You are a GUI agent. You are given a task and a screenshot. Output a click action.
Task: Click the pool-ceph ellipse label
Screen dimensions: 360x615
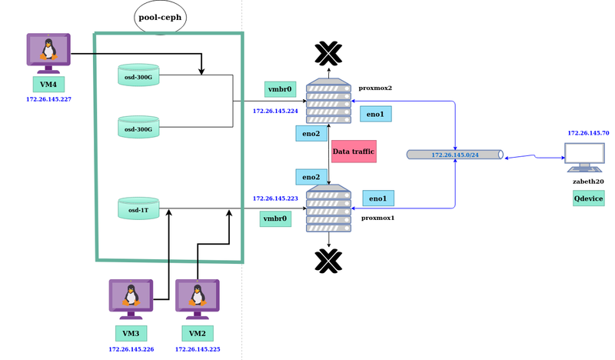click(161, 16)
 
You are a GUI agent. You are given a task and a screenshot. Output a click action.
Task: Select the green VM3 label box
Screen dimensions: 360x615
click(131, 333)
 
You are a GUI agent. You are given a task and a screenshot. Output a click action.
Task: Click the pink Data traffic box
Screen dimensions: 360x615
click(354, 152)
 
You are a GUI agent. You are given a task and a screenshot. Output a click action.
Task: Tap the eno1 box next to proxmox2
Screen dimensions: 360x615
click(377, 114)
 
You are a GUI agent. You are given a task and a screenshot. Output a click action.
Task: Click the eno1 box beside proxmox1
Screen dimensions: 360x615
click(378, 198)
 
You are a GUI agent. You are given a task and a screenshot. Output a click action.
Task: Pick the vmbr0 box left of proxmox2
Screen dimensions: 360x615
click(280, 89)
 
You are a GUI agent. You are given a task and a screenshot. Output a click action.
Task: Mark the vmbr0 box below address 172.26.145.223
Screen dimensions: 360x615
click(276, 218)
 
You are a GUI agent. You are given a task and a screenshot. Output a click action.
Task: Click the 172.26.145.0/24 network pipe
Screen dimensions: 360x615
click(455, 155)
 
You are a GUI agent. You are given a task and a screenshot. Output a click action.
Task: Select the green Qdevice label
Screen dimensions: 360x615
click(588, 198)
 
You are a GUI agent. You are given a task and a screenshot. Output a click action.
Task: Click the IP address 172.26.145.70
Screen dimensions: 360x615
click(588, 133)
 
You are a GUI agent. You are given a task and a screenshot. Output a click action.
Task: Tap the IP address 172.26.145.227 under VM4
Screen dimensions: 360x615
click(48, 99)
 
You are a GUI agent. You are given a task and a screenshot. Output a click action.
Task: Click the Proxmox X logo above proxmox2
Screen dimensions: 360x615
click(328, 53)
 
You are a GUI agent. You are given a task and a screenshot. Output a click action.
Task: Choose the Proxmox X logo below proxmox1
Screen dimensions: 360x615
click(329, 260)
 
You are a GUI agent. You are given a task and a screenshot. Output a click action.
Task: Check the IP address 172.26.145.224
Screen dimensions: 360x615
click(275, 111)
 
